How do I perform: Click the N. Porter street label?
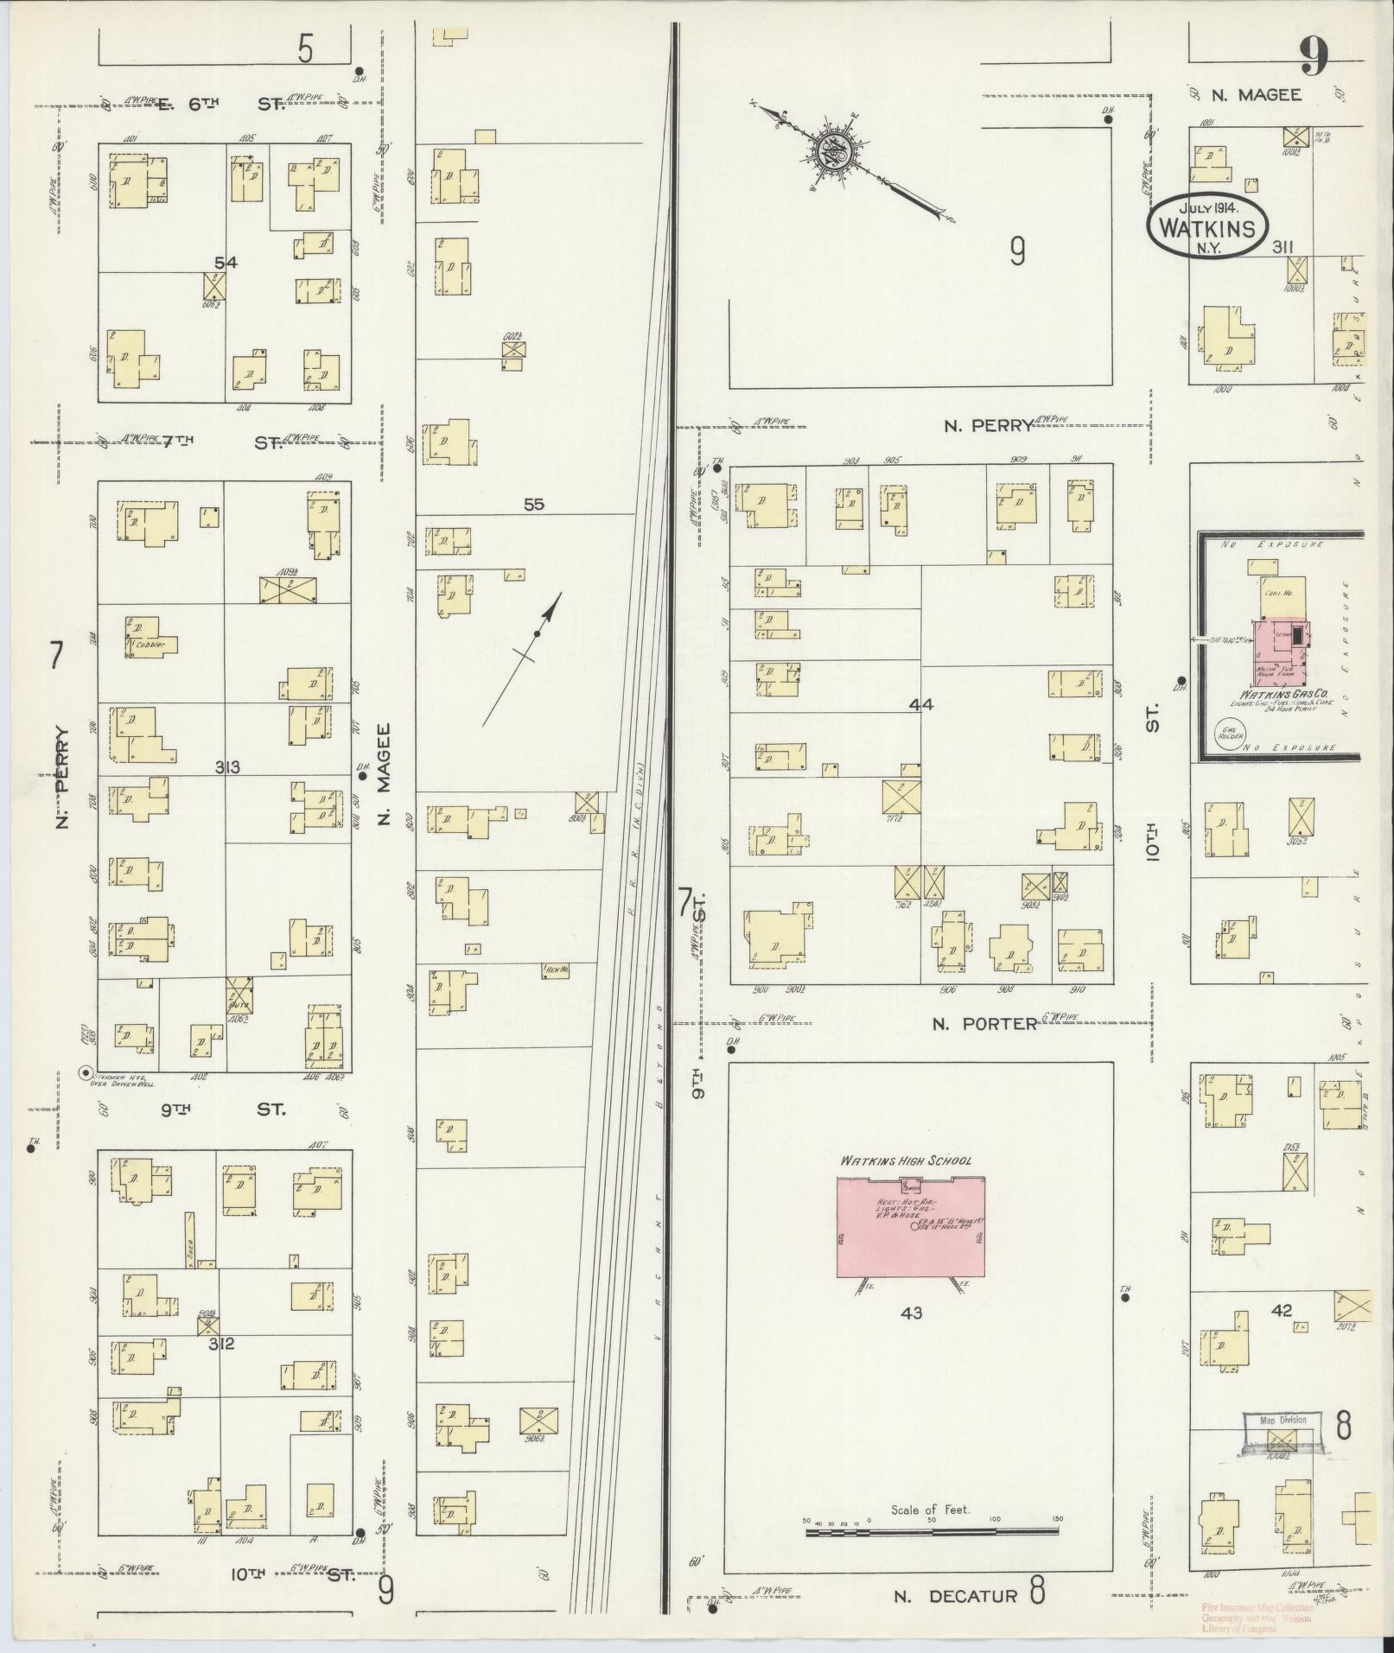coord(985,1024)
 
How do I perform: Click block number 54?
coord(226,263)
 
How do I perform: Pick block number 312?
coord(222,1344)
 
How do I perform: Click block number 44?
coord(921,705)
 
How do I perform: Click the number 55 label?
coord(534,504)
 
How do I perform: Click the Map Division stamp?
coord(1283,1420)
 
